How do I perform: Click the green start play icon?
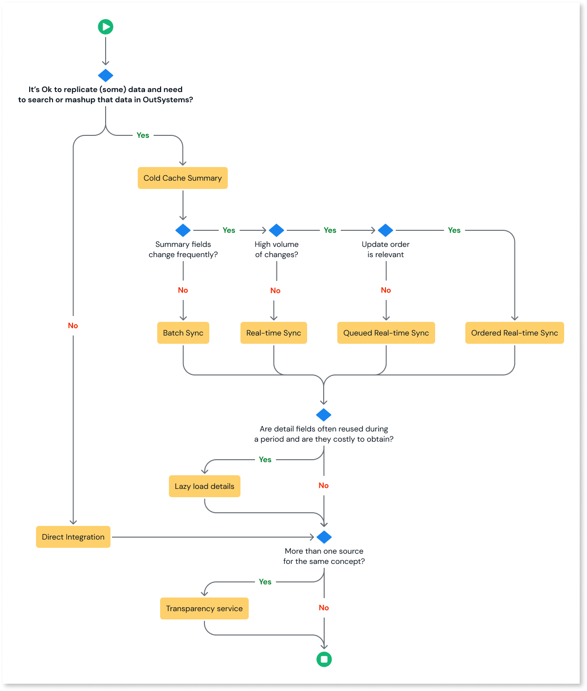coord(106,27)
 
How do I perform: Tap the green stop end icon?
coord(324,659)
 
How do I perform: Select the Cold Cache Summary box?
coord(183,178)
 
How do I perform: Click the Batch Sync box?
coord(183,333)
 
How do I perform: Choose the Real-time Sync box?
coord(274,333)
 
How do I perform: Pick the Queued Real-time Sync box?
coord(386,333)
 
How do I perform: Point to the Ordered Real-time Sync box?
coord(514,333)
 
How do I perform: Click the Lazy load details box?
coord(204,486)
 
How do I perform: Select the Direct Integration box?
coord(73,537)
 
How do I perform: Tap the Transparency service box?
coord(204,609)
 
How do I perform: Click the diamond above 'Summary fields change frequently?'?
coord(183,230)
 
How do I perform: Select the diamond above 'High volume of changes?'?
coord(276,230)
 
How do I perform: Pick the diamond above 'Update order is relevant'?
coord(385,230)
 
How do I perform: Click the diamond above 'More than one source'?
coord(324,537)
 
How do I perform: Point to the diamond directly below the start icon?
coord(106,75)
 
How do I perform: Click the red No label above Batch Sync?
coord(183,290)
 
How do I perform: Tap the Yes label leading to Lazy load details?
coord(265,460)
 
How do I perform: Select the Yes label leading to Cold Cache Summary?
coord(143,135)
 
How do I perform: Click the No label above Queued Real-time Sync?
coord(386,290)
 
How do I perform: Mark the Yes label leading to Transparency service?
coord(265,582)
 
